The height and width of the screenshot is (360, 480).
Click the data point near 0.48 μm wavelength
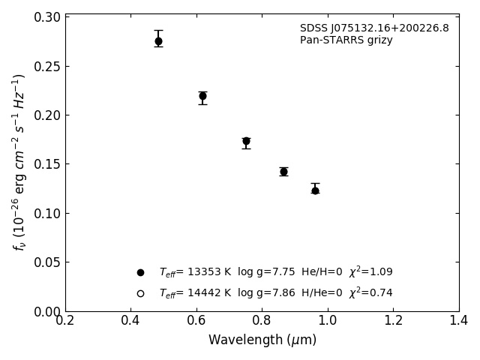[158, 41]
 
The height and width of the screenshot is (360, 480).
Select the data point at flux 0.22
[202, 96]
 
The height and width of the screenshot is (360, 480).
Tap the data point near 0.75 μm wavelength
[246, 141]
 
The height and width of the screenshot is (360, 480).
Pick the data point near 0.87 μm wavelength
[283, 172]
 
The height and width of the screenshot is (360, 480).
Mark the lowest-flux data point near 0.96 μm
[315, 190]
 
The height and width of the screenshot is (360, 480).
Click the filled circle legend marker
[140, 272]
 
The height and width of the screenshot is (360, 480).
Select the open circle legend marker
[140, 293]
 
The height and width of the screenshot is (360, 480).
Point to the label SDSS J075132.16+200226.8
[374, 28]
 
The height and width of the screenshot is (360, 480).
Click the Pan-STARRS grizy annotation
[346, 40]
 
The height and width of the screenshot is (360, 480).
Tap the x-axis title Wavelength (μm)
[262, 340]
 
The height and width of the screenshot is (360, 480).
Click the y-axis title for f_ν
[19, 162]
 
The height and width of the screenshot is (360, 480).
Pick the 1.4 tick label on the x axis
[459, 320]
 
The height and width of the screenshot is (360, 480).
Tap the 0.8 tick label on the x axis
[262, 320]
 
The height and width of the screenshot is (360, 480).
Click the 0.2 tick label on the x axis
[65, 320]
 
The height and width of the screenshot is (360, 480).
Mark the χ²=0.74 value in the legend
[370, 292]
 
